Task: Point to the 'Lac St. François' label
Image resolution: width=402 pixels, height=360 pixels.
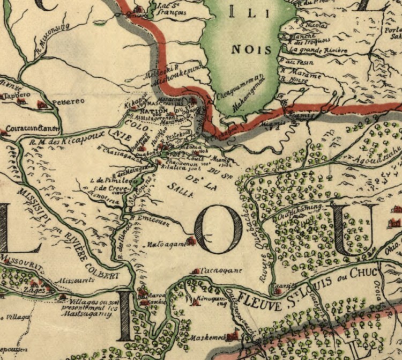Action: [166, 8]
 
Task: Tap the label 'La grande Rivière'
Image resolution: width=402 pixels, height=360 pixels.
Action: [318, 50]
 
